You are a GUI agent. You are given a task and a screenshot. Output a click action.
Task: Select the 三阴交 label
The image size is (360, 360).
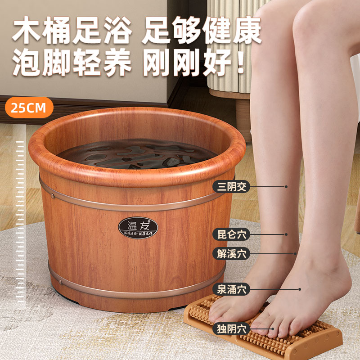click(231, 186)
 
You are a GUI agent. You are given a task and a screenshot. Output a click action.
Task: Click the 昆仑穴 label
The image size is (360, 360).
click(231, 234)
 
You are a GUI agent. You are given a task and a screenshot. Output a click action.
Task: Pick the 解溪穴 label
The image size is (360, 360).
click(231, 253)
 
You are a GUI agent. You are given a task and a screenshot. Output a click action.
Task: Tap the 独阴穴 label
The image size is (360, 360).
click(231, 328)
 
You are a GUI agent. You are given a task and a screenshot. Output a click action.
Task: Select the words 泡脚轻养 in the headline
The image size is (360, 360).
click(72, 63)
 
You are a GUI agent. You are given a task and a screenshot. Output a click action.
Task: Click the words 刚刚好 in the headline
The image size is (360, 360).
click(187, 63)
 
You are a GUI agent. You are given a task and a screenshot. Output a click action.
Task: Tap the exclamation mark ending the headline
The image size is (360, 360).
click(242, 63)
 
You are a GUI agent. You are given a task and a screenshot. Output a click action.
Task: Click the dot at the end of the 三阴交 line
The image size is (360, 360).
click(286, 186)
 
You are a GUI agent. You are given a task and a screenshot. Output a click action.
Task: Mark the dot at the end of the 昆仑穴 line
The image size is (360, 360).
click(286, 234)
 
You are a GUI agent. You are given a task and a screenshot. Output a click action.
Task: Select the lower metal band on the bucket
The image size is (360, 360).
click(135, 288)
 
